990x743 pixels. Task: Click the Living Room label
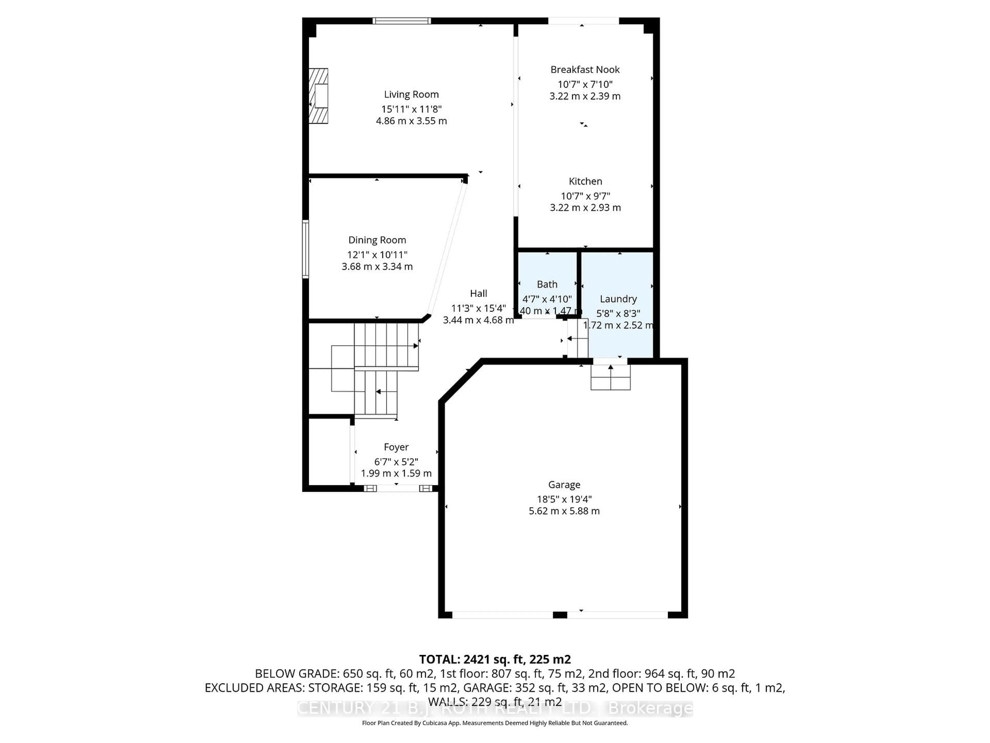point(411,94)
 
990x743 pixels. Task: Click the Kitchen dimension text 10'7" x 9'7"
point(585,196)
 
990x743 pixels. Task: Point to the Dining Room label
point(377,240)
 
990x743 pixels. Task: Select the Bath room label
point(547,284)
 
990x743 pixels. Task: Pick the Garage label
point(564,484)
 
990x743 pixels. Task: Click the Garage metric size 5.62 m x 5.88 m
point(564,511)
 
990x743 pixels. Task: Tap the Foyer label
point(396,447)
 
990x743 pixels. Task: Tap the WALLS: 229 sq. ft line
point(494,702)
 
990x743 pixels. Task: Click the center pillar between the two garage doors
point(560,615)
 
